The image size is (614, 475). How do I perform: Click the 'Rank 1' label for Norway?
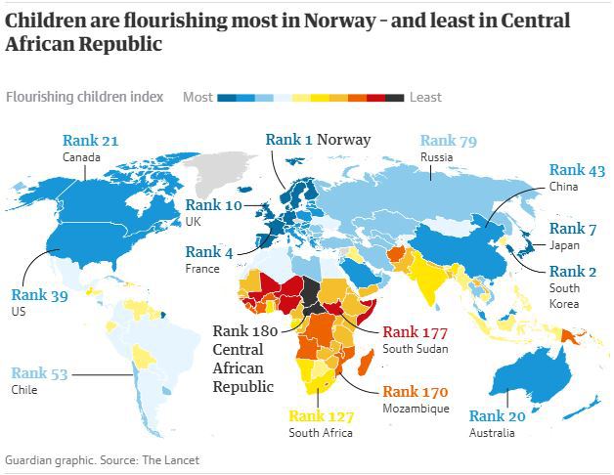[288, 140]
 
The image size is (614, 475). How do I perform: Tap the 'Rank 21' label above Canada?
[90, 141]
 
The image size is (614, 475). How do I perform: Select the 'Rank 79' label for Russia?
[448, 142]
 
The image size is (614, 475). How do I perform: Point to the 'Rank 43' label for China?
[577, 170]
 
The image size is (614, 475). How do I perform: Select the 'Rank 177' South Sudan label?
[416, 331]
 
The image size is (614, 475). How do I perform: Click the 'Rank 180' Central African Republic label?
[245, 332]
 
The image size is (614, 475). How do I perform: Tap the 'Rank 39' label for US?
[39, 293]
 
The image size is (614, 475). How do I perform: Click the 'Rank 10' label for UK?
[213, 205]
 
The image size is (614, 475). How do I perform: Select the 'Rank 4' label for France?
[209, 252]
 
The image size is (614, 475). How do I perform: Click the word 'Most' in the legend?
[197, 97]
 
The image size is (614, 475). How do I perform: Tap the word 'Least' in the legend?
[425, 97]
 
